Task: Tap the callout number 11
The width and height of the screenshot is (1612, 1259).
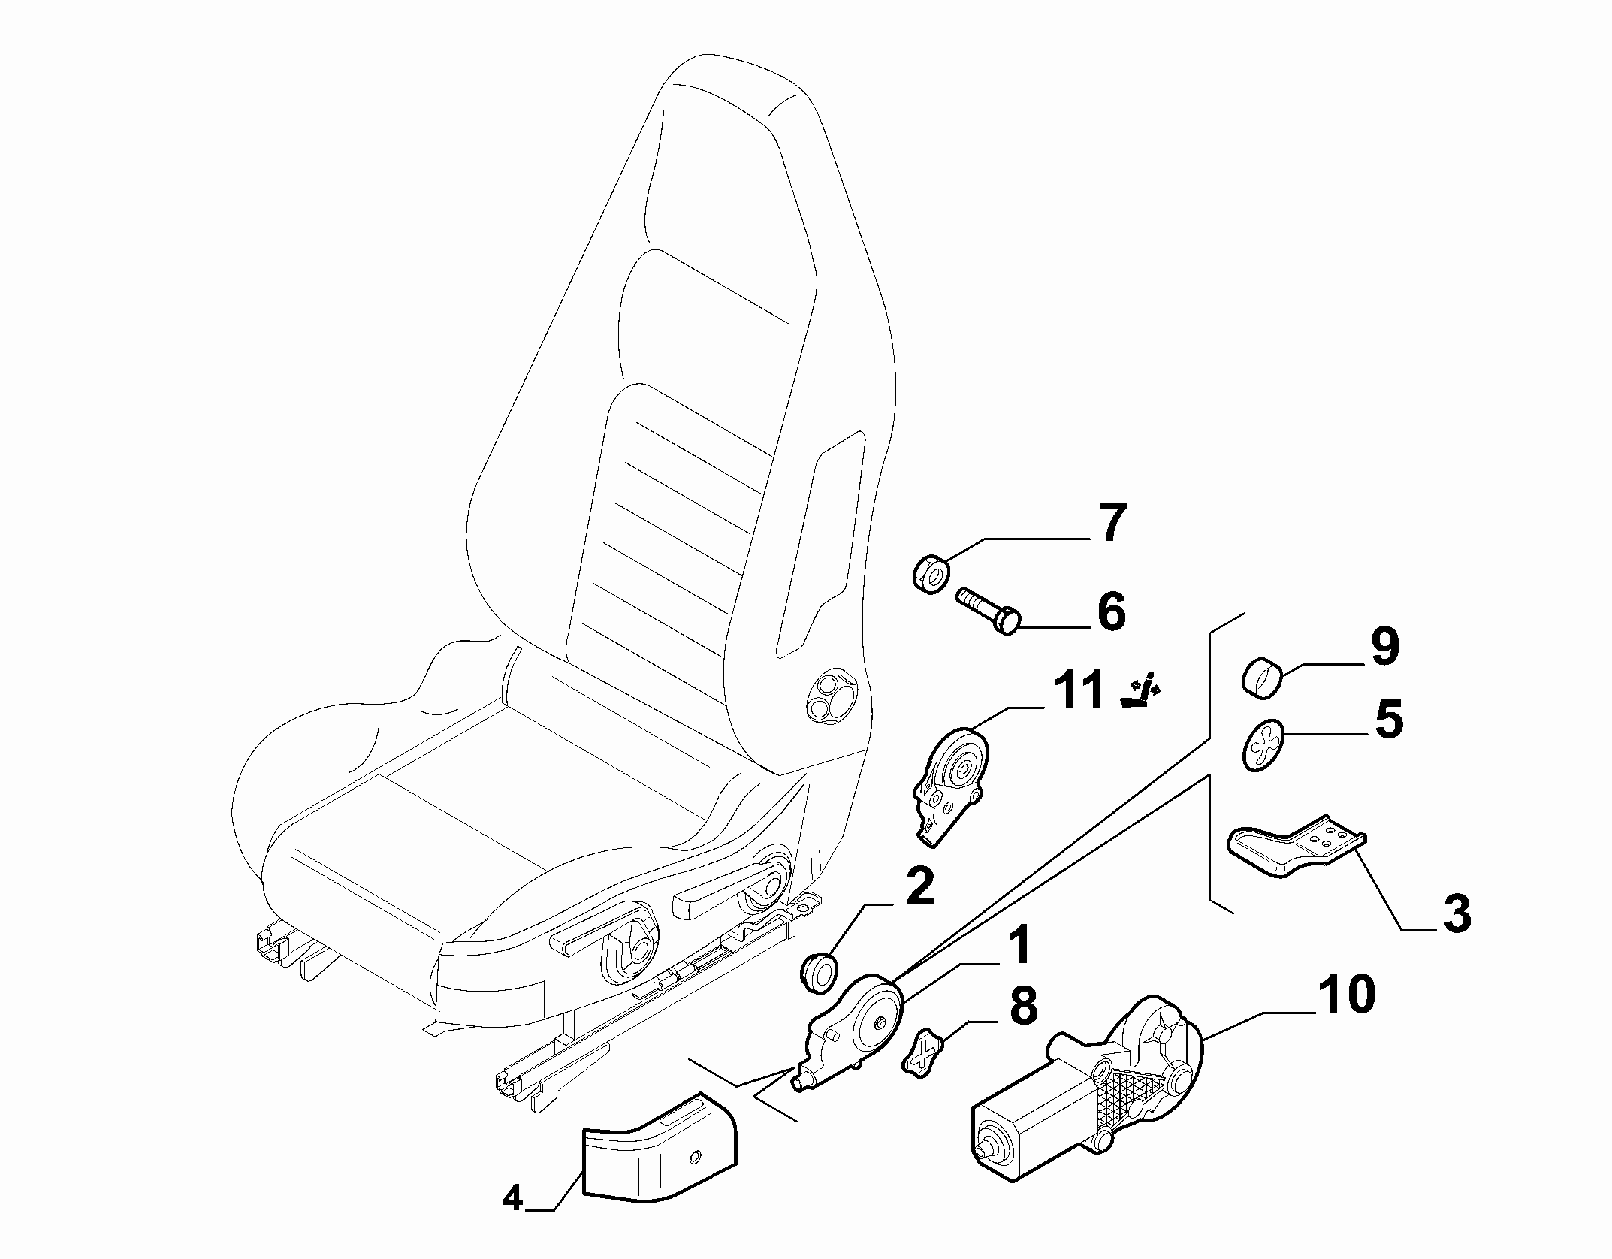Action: pos(1070,690)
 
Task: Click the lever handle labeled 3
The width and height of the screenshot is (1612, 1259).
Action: pos(1297,846)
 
